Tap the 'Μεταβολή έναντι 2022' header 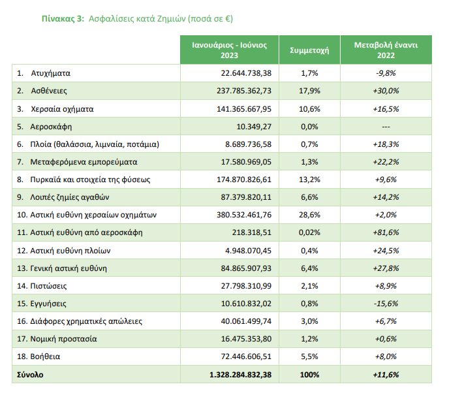(386, 50)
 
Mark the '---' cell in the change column (386, 126)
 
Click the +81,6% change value (386, 232)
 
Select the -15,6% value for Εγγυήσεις (386, 304)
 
